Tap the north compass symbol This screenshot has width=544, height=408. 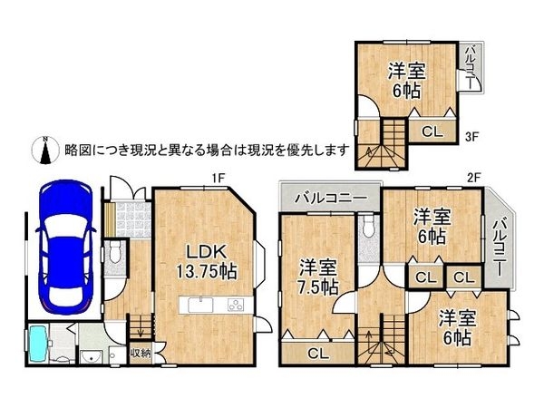pyautogui.click(x=42, y=149)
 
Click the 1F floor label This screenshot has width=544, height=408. pyautogui.click(x=218, y=178)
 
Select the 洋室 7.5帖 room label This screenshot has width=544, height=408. pyautogui.click(x=317, y=277)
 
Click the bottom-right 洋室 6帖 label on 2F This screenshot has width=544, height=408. pyautogui.click(x=456, y=328)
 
